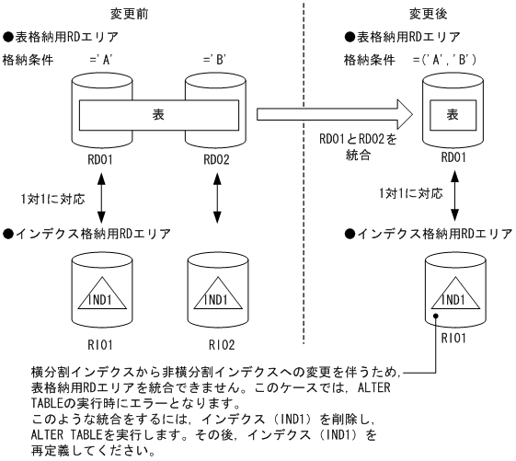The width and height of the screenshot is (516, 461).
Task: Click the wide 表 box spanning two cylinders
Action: (x=157, y=116)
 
